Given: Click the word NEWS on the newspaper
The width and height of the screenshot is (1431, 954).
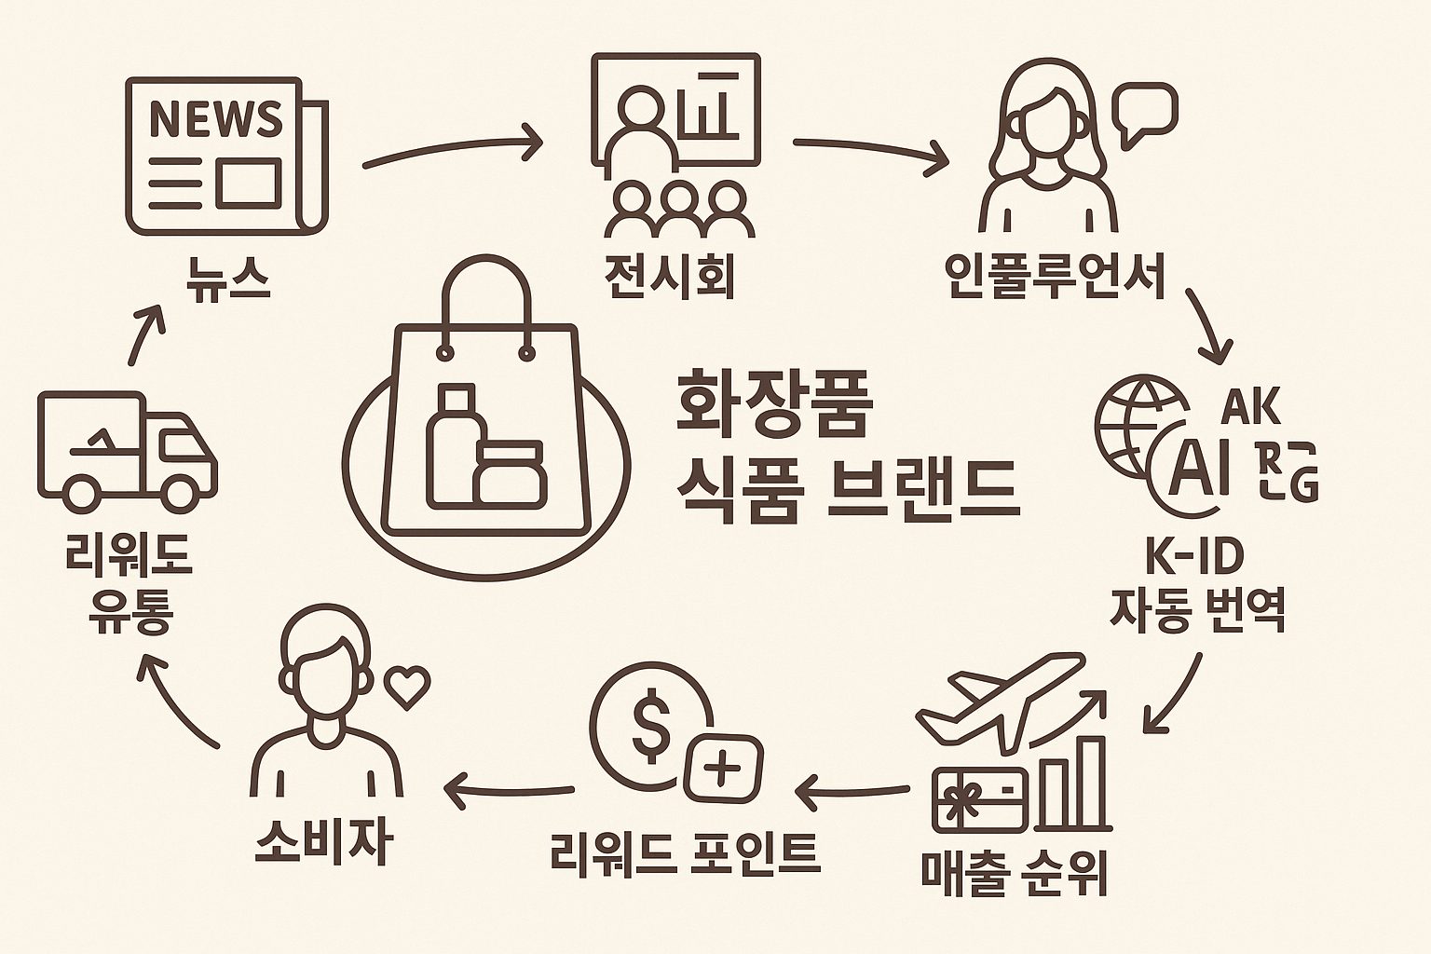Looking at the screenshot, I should (x=215, y=118).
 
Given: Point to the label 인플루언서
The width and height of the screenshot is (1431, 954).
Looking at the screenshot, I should (x=1056, y=277).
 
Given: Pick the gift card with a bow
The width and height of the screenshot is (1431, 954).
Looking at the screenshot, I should (x=979, y=799).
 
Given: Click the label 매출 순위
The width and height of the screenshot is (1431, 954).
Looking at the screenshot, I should (x=1014, y=873).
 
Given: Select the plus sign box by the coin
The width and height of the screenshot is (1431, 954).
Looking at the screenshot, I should (x=723, y=770).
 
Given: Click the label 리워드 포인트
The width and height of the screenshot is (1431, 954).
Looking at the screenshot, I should (x=684, y=852).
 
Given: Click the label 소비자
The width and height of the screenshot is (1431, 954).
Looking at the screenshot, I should (x=322, y=843).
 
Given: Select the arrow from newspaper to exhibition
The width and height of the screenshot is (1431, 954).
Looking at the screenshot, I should (x=453, y=149).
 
